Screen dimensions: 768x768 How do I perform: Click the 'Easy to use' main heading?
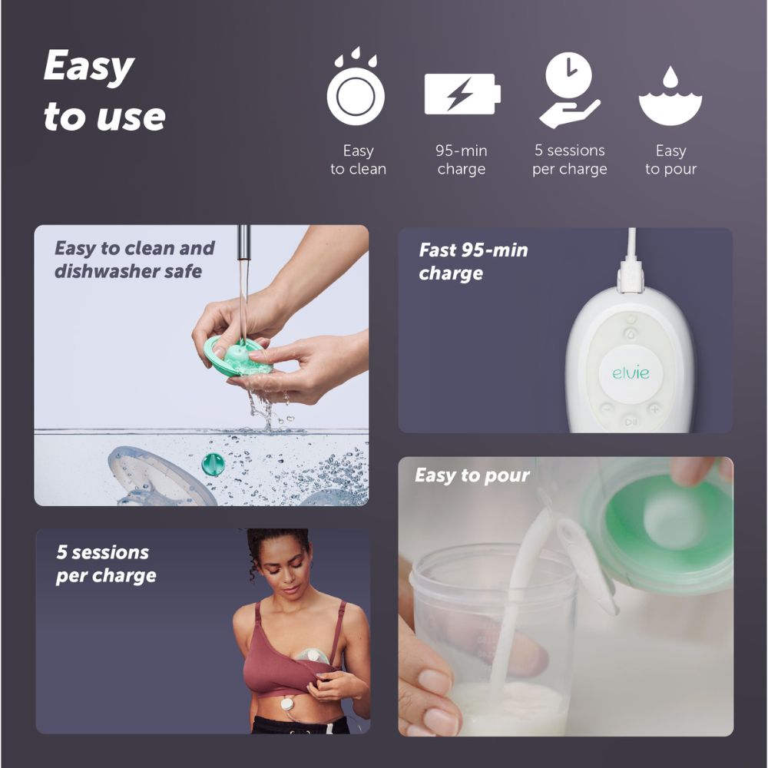point(104,91)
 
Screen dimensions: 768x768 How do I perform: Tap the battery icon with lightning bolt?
point(462,94)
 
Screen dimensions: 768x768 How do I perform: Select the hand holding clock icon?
point(569,90)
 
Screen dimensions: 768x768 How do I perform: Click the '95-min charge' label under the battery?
point(462,160)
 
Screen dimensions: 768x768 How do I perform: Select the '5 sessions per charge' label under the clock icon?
point(570,160)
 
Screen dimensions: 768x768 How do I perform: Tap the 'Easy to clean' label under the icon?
point(358,160)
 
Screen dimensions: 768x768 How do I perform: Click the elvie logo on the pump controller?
point(631,373)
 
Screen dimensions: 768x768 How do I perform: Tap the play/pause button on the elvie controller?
point(631,422)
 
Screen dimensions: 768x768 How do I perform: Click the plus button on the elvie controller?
point(654,409)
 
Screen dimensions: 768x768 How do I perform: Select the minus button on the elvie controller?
point(607,408)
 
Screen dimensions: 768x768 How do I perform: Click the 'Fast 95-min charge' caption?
point(473,261)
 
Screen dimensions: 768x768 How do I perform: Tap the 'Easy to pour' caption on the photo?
point(472,475)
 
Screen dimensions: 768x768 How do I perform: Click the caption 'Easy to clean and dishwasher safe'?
point(134,260)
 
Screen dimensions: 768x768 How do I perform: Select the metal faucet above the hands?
point(243,243)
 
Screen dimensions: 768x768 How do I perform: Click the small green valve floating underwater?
point(213,464)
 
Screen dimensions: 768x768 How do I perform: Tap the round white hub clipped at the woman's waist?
point(287,706)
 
